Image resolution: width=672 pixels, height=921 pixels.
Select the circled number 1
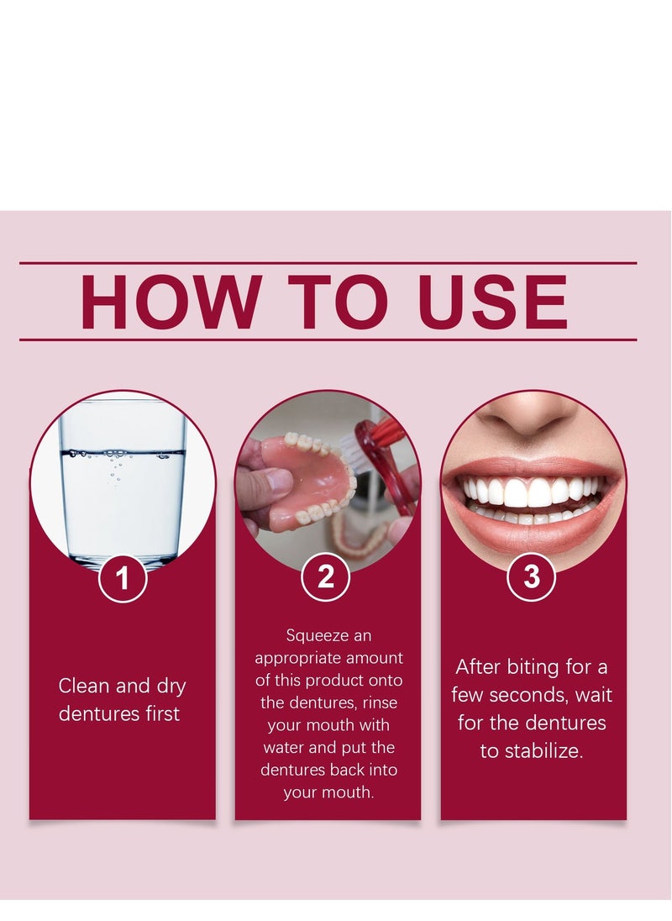click(123, 580)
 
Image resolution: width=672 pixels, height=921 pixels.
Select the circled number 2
click(326, 576)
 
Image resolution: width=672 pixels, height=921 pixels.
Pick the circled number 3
click(532, 576)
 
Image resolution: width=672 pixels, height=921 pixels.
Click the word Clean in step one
click(83, 686)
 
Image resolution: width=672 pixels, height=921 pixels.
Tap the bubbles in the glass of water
click(118, 462)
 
